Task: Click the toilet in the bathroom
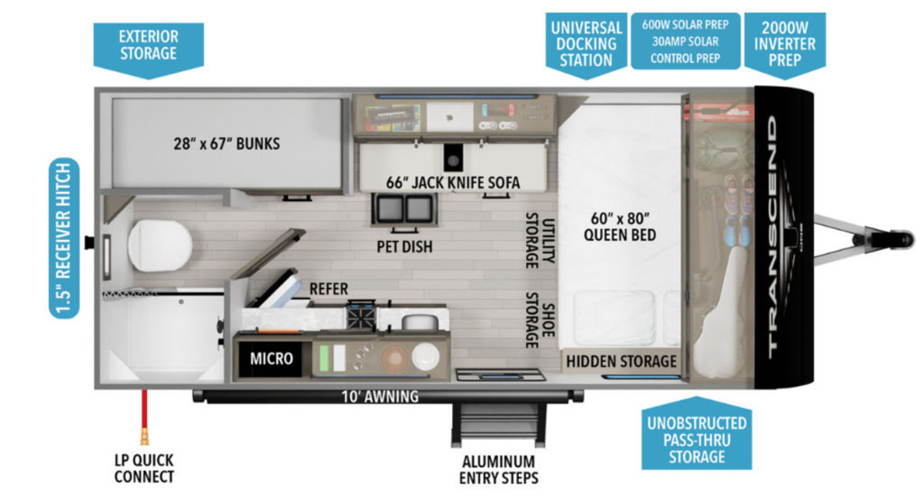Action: pyautogui.click(x=160, y=245)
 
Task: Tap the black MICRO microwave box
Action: pyautogui.click(x=270, y=359)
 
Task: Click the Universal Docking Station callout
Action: pyautogui.click(x=586, y=45)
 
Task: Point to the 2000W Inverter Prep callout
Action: pyautogui.click(x=785, y=45)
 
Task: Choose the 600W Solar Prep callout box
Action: pyautogui.click(x=685, y=42)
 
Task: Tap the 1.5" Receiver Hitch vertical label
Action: pyautogui.click(x=65, y=239)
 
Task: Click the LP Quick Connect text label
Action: pyautogui.click(x=144, y=469)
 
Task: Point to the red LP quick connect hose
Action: pyautogui.click(x=145, y=417)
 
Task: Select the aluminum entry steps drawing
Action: pyautogui.click(x=498, y=425)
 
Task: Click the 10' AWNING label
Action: pyautogui.click(x=380, y=397)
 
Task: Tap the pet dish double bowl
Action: pyautogui.click(x=403, y=209)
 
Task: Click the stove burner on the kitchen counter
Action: pyautogui.click(x=361, y=316)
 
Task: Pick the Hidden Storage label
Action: pyautogui.click(x=621, y=362)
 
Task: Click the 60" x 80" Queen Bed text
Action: pyautogui.click(x=620, y=227)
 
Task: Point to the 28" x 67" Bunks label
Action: pyautogui.click(x=226, y=144)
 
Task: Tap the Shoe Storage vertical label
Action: pyautogui.click(x=540, y=320)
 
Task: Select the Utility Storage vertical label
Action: pyautogui.click(x=540, y=241)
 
